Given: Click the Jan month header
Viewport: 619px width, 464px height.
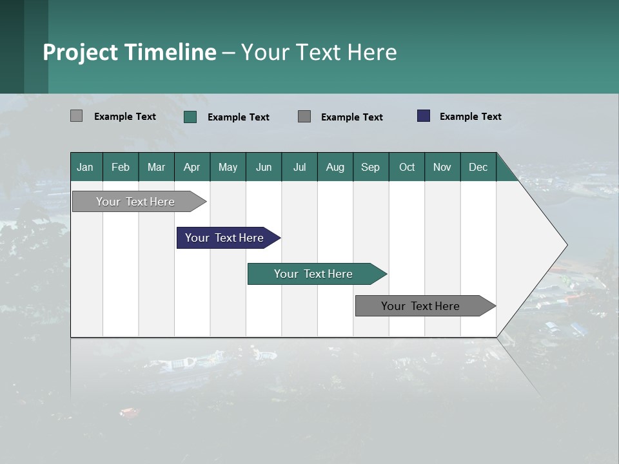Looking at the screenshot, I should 85,167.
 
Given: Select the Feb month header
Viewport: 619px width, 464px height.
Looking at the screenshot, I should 121,167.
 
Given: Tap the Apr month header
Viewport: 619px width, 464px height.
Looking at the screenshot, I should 192,167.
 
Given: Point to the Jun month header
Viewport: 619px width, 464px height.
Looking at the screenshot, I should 264,167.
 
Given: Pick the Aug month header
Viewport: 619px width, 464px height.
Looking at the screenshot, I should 335,167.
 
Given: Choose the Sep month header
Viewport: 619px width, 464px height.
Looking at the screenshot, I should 370,167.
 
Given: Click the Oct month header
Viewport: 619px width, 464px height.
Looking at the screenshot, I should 407,167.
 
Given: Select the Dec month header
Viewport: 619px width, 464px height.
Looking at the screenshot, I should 478,167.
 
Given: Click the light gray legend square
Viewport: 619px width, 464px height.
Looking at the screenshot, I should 76,116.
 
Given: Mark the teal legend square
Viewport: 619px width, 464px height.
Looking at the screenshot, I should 190,117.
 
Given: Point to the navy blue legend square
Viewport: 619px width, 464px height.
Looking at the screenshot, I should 423,116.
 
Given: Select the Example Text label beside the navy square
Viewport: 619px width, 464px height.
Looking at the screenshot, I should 470,117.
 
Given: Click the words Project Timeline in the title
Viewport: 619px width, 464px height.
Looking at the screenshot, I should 130,52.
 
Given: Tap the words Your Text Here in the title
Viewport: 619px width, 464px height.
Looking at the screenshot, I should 319,52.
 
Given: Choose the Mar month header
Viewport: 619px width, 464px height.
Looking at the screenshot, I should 156,167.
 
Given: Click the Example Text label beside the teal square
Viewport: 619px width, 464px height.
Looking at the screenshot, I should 238,117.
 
